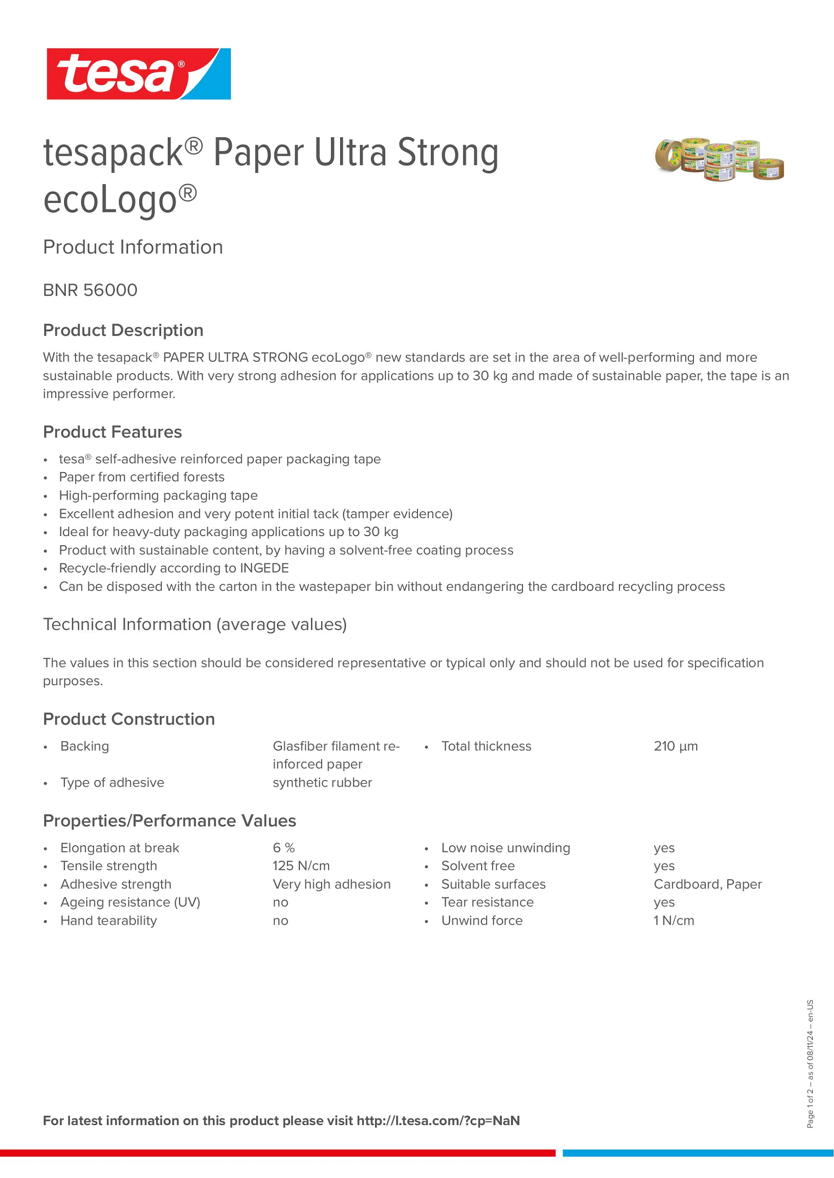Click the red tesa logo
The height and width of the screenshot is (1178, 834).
138,74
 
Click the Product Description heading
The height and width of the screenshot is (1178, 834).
123,330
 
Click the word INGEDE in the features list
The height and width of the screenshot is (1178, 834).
264,568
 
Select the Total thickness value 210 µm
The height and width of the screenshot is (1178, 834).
675,746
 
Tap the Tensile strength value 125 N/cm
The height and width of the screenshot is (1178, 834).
301,866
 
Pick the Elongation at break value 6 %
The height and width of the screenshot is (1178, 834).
284,848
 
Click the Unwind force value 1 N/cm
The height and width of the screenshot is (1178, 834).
673,920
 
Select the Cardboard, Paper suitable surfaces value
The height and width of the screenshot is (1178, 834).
707,884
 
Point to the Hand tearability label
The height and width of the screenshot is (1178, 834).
108,920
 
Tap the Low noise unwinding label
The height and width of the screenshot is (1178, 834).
505,848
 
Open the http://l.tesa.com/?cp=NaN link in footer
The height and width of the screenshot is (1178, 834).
438,1121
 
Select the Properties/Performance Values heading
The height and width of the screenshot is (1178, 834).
170,821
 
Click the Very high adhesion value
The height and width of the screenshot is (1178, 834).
331,884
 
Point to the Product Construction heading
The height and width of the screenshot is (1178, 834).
129,719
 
